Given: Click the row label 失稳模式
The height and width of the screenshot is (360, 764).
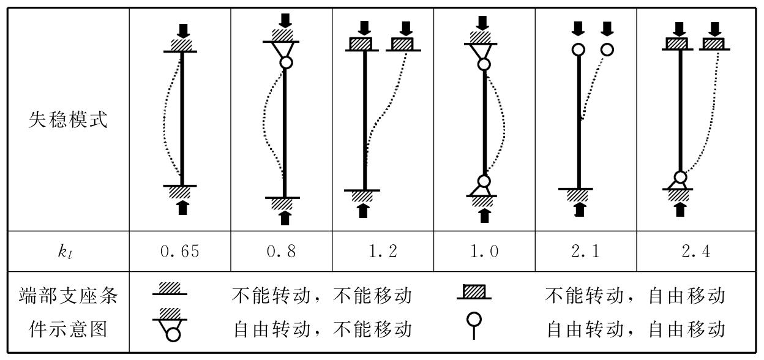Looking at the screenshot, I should tap(67, 120).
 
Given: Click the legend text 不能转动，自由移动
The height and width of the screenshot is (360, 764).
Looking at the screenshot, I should tap(635, 298).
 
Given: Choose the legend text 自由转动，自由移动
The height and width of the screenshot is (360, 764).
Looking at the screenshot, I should tap(635, 329).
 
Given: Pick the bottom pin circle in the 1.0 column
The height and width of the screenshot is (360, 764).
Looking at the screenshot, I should tap(484, 181).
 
